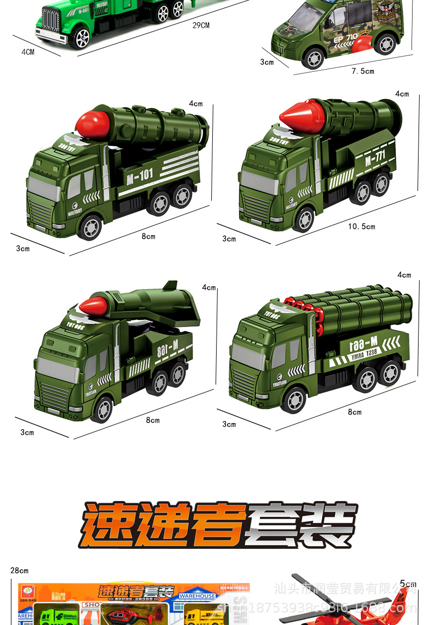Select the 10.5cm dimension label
pos(361,226)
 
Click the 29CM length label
pos(201,26)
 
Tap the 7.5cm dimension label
pos(363,71)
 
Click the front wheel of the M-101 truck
pos(90,226)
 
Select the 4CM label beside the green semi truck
pos(28,52)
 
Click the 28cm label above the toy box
pos(19,571)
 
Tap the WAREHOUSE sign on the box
pos(198,596)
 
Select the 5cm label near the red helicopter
pos(408,584)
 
